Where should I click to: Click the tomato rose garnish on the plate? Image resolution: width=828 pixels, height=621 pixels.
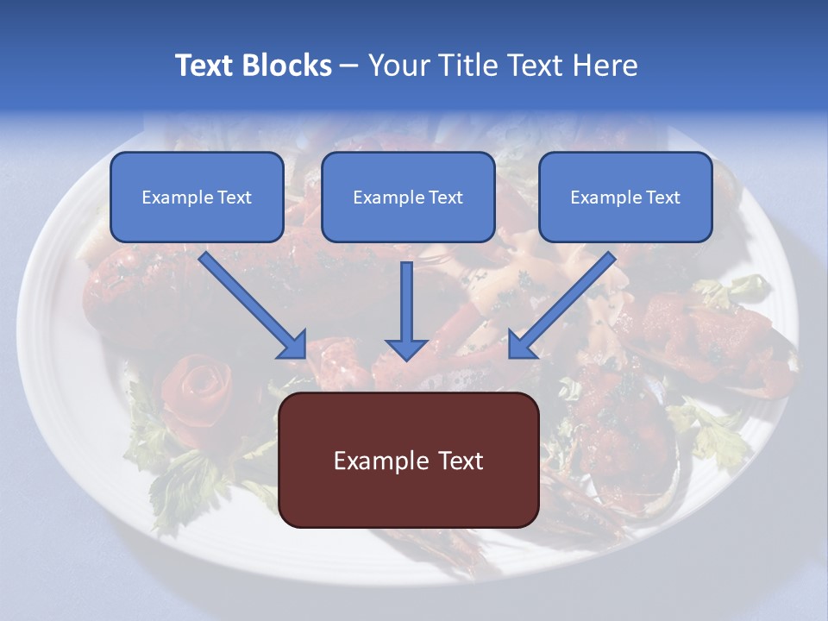tap(197, 392)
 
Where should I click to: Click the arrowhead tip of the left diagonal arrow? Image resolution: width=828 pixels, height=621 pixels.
tap(298, 349)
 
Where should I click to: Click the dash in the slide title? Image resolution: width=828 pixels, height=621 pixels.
tap(349, 66)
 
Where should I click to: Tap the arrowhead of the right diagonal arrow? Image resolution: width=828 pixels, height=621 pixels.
tap(517, 348)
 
